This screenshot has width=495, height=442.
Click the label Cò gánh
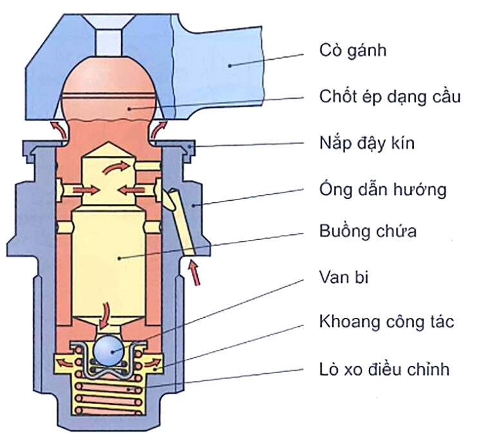click(x=353, y=50)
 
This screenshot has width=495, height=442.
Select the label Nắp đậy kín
click(x=367, y=143)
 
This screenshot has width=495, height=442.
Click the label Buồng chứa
click(x=368, y=231)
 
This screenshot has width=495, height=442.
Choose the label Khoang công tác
click(x=386, y=322)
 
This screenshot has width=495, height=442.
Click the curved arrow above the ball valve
click(x=105, y=313)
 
